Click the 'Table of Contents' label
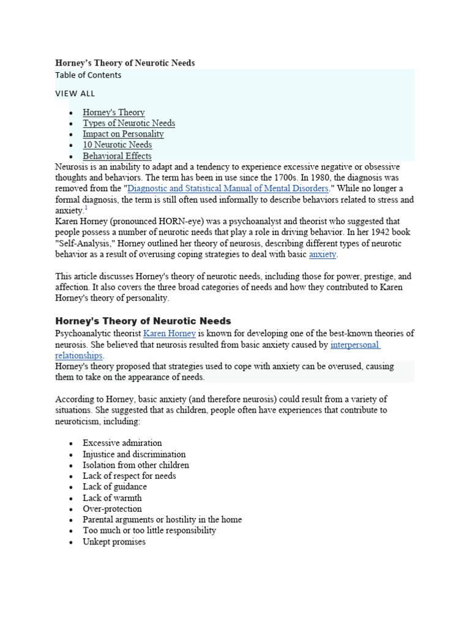pyautogui.click(x=88, y=75)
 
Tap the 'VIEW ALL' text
pyautogui.click(x=75, y=94)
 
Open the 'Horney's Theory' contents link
pyautogui.click(x=114, y=113)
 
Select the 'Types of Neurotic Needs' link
pyautogui.click(x=129, y=123)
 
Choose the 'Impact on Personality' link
pyautogui.click(x=123, y=134)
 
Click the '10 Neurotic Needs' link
pyautogui.click(x=117, y=145)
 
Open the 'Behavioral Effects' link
pyautogui.click(x=117, y=156)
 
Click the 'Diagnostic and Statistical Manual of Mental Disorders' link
pyautogui.click(x=228, y=189)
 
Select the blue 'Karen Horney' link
pyautogui.click(x=169, y=334)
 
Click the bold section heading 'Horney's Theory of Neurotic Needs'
pyautogui.click(x=143, y=321)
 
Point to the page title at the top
pyautogui.click(x=125, y=63)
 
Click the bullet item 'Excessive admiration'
pyautogui.click(x=122, y=443)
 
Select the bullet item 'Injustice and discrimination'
pyautogui.click(x=134, y=454)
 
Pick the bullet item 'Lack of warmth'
pyautogui.click(x=112, y=498)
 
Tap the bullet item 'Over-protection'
pyautogui.click(x=112, y=509)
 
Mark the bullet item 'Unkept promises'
pyautogui.click(x=114, y=542)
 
